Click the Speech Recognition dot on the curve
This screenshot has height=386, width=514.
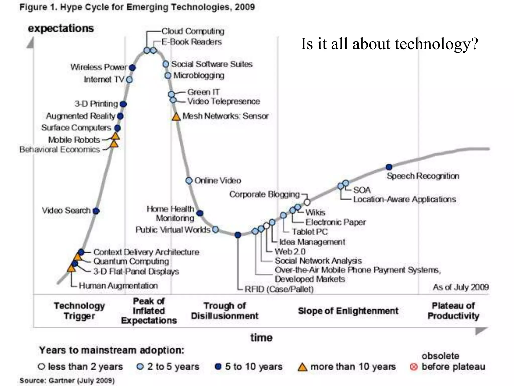pos(389,167)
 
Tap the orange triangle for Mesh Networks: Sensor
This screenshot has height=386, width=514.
pos(176,117)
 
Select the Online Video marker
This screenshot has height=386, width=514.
pos(189,180)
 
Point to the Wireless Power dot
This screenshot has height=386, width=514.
pos(132,68)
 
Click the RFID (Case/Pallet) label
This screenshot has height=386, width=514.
pos(279,289)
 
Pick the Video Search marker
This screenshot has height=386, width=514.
pos(96,211)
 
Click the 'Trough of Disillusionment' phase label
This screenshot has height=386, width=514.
pos(225,311)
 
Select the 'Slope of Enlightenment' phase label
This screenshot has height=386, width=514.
pos(348,311)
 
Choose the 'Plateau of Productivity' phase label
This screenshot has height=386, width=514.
pos(453,311)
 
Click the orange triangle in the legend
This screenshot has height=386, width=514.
pos(302,367)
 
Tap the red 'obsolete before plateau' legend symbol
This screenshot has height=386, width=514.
pos(414,367)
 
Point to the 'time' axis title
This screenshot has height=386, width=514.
pos(261,337)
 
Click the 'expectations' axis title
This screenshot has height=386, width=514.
pos(61,28)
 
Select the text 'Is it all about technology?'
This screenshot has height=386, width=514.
pos(389,44)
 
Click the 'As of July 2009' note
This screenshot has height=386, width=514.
pos(461,287)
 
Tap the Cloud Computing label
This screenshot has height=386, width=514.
pos(193,31)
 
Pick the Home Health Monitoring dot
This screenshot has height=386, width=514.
pos(200,213)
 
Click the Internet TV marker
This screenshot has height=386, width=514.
pos(129,80)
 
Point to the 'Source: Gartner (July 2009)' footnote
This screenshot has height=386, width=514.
pos(67,380)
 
